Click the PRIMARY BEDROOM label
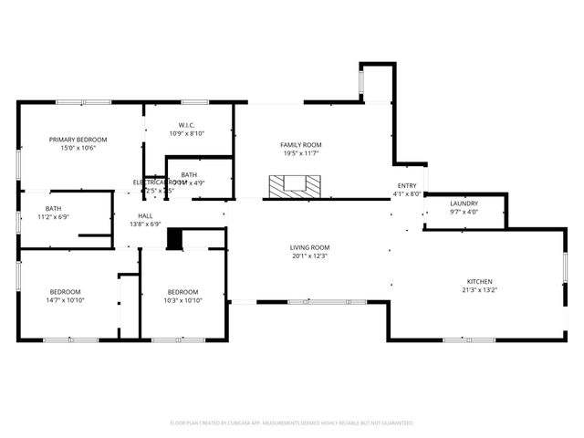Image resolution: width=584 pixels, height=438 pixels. tap(78, 140)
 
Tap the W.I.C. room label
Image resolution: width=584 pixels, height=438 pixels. tap(187, 125)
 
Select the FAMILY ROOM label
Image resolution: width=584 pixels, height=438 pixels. tap(300, 145)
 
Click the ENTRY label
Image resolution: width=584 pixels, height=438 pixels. tap(406, 185)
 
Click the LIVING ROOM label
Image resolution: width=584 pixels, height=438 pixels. tap(309, 247)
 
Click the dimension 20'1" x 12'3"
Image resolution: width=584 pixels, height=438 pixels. tap(309, 255)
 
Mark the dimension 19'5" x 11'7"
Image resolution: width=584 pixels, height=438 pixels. tap(300, 153)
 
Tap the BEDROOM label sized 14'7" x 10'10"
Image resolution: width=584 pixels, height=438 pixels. tap(65, 292)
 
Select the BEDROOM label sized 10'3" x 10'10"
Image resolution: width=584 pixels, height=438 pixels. tap(182, 292)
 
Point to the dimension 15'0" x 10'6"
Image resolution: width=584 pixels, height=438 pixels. tap(78, 148)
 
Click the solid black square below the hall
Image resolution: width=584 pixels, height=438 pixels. tap(174, 239)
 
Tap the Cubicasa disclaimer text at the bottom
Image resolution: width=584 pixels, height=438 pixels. tap(291, 423)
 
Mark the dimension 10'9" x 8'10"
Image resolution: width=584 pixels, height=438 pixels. tap(187, 133)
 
